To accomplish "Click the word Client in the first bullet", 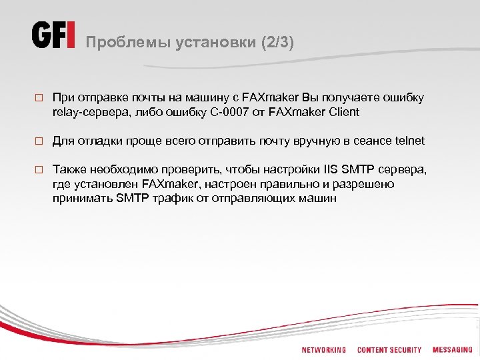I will tap(342, 112).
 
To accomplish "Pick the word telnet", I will tap(409, 141).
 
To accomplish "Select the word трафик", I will tap(180, 198).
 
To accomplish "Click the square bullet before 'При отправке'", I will tap(39, 98).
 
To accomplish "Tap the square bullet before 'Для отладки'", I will tap(39, 141).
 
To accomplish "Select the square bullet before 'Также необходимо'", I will tap(39, 170).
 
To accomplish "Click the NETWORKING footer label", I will tap(323, 350).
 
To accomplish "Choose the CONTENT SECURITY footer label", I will tap(389, 350).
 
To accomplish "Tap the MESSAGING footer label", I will tap(452, 350).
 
